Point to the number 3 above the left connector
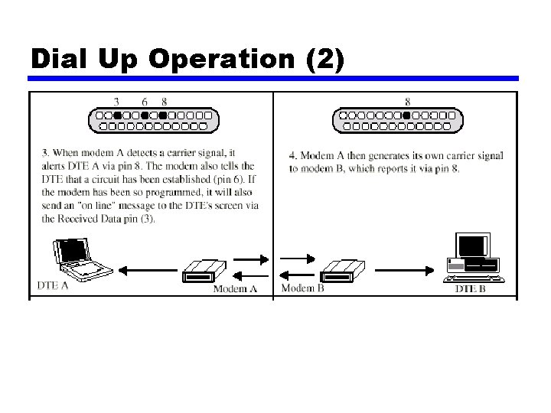(x=116, y=101)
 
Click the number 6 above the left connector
(x=145, y=101)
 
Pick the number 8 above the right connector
(x=406, y=101)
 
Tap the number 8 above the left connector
(x=164, y=101)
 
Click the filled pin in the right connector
(x=406, y=115)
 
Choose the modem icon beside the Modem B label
(x=342, y=269)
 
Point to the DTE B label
(x=470, y=288)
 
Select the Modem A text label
(x=234, y=288)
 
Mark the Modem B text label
(x=302, y=288)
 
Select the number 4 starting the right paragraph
(x=292, y=156)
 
